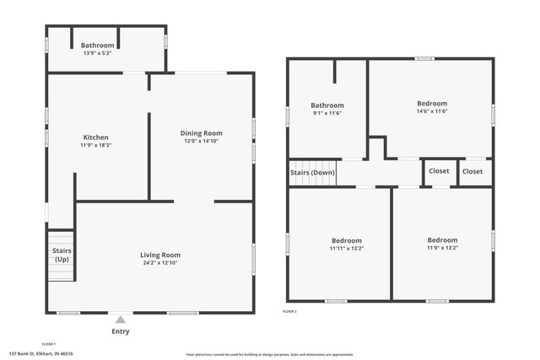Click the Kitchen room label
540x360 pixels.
tap(95, 137)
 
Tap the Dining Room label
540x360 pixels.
tap(201, 133)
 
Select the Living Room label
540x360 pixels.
tap(160, 255)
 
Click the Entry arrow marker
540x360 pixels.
tap(121, 320)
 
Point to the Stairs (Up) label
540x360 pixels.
tap(62, 255)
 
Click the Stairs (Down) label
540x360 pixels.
tap(312, 172)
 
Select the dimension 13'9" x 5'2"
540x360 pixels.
tap(97, 54)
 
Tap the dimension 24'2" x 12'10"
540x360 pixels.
tap(160, 263)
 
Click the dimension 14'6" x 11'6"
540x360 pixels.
tap(431, 111)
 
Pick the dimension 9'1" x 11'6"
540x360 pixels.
tap(327, 113)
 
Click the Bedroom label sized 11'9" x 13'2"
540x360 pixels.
tap(442, 240)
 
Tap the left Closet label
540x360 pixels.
tap(439, 171)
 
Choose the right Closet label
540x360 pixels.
tap(472, 171)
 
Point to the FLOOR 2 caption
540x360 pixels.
tap(289, 311)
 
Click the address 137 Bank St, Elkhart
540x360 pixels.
tap(40, 354)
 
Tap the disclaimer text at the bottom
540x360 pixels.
tap(270, 354)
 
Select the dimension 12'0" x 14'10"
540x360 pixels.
tap(201, 142)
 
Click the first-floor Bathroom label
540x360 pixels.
tap(97, 46)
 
